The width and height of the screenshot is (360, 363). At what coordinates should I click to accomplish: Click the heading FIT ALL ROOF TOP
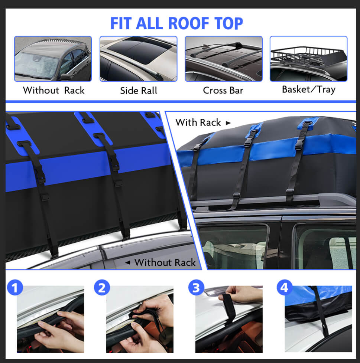[x=176, y=23]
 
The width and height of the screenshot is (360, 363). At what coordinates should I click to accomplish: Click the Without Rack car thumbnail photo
[x=53, y=59]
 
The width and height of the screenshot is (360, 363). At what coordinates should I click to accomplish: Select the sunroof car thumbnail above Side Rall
[x=138, y=59]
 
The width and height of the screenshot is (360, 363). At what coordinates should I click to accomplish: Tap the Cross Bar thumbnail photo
[x=223, y=59]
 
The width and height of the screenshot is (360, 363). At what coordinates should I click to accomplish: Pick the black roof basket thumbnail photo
[x=308, y=59]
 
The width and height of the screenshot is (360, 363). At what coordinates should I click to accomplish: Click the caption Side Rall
[x=139, y=91]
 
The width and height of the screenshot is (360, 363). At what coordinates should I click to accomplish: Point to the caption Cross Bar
[x=223, y=91]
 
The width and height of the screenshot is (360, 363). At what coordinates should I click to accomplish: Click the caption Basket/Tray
[x=308, y=89]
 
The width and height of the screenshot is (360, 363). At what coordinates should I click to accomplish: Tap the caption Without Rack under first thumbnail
[x=53, y=91]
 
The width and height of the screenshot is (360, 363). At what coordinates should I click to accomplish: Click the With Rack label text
[x=198, y=122]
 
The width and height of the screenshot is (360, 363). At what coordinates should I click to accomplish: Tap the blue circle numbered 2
[x=102, y=288]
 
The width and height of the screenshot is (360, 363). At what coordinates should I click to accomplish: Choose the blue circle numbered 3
[x=196, y=288]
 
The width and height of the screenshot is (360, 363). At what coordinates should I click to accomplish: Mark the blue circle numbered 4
[x=285, y=288]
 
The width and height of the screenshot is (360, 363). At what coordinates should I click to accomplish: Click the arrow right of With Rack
[x=228, y=123]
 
